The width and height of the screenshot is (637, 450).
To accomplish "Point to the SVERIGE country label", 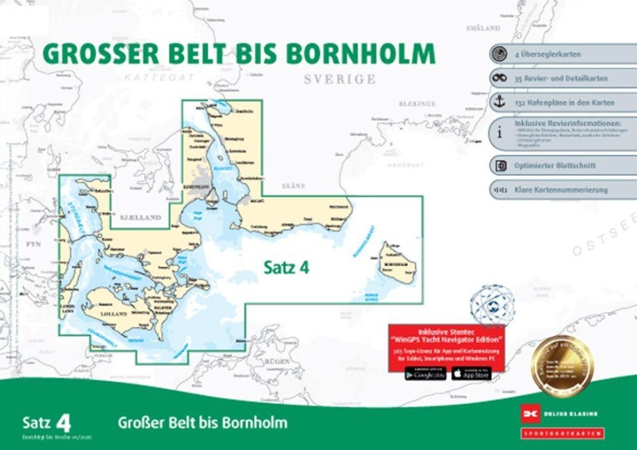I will (x=339, y=79).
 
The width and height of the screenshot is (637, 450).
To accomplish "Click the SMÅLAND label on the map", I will (x=483, y=28).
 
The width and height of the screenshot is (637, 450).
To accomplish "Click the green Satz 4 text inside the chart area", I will (x=286, y=267).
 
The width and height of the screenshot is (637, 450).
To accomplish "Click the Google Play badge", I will (x=425, y=373).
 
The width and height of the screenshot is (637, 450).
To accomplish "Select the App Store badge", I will (x=471, y=373).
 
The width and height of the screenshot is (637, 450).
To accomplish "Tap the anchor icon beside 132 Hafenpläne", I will (x=498, y=102).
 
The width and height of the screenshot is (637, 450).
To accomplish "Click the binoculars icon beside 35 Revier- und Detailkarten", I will (x=498, y=78).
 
